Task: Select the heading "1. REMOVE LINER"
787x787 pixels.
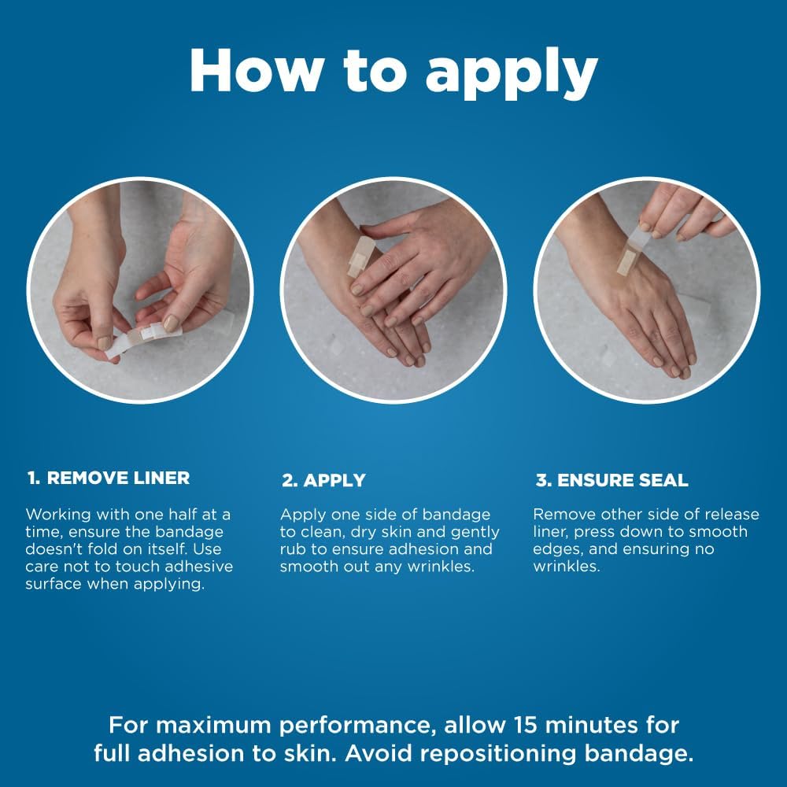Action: [x=109, y=478]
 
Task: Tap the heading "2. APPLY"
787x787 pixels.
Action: [x=323, y=480]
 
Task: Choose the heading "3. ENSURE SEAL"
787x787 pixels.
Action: [x=611, y=480]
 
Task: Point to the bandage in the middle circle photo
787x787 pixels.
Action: [x=361, y=254]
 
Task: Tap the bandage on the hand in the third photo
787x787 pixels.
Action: [x=630, y=255]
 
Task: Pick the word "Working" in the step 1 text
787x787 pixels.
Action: [x=60, y=515]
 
